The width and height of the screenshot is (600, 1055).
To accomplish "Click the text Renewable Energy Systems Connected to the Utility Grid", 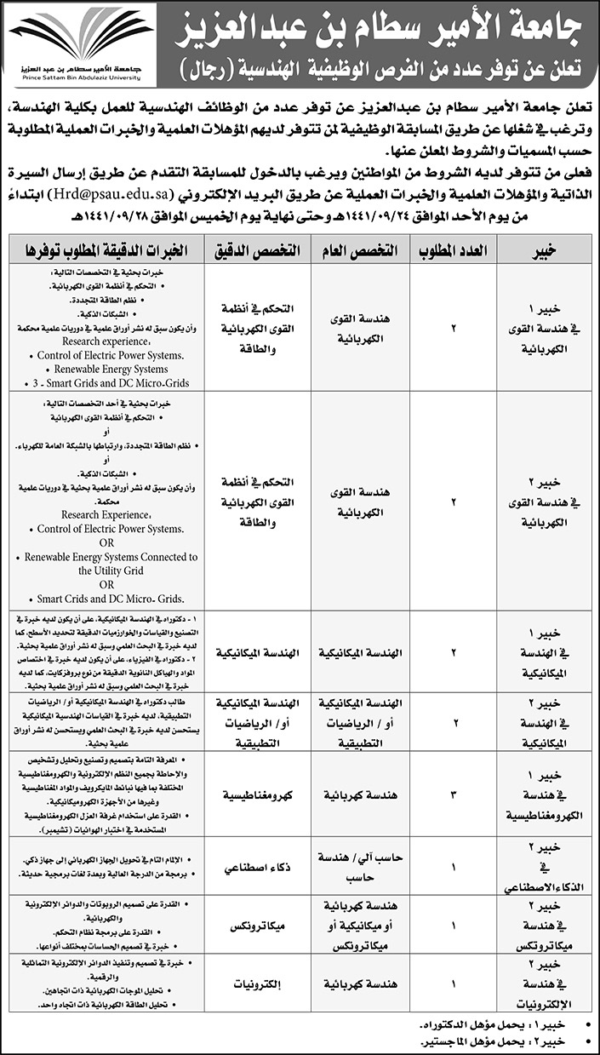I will [x=106, y=564].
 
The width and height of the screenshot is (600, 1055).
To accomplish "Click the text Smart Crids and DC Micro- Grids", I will [x=106, y=599].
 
